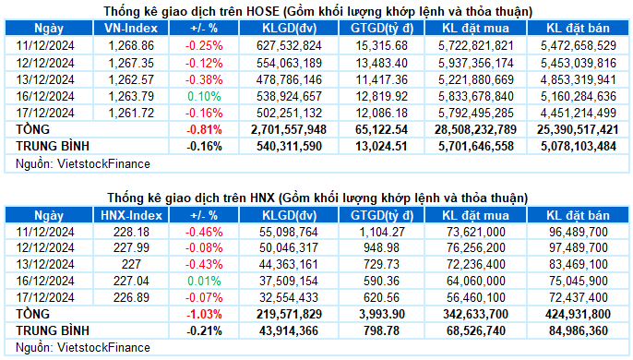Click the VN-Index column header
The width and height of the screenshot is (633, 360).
(131, 28)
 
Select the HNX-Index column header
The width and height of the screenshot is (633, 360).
(131, 215)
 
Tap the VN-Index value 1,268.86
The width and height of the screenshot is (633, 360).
(131, 45)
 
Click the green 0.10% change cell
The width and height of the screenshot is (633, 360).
(204, 96)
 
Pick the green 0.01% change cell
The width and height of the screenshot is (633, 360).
(204, 281)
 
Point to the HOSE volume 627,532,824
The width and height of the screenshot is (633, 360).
(289, 45)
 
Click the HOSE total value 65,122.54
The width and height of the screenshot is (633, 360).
(381, 129)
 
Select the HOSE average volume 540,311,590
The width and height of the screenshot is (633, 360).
(289, 146)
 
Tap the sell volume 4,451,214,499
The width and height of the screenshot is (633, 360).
(579, 113)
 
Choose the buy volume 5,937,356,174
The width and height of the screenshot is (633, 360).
(476, 63)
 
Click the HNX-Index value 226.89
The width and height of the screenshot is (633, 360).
(131, 297)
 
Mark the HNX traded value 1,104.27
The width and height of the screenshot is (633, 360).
(381, 232)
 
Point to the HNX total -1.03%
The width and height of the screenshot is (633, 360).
(204, 314)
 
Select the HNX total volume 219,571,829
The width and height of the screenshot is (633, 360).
(289, 314)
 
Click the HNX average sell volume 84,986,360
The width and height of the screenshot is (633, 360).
(579, 330)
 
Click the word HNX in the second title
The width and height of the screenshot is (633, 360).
(262, 198)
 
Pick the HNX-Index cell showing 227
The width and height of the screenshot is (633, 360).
(131, 264)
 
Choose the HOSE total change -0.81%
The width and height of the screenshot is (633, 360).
(204, 129)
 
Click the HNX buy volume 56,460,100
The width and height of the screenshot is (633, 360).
(476, 297)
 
